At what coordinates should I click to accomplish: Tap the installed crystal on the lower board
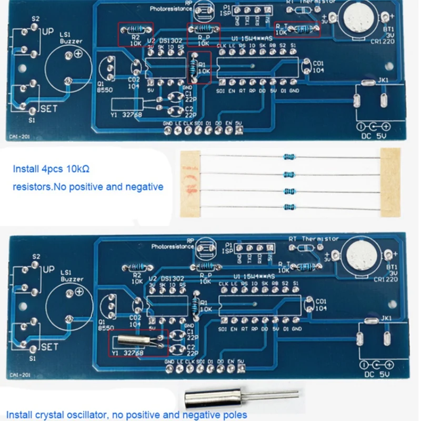coord(136,340)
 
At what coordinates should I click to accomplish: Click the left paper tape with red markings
coord(190,182)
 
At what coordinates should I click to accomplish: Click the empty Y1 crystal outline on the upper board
coord(126,104)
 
